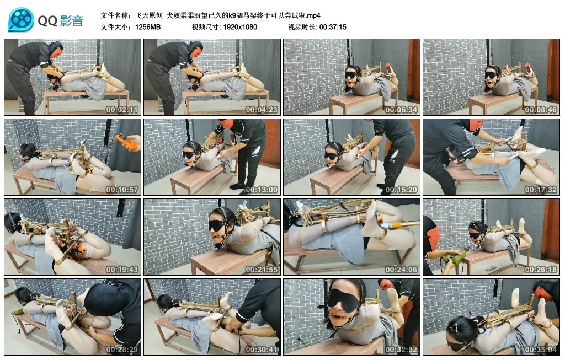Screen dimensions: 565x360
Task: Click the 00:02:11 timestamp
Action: coord(122,110)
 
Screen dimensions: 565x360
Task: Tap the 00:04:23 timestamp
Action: coord(262,110)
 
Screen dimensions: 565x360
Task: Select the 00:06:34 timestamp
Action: coord(401,110)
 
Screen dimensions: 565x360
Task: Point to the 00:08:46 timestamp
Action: coord(541,110)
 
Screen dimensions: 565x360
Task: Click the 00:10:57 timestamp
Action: coord(122,189)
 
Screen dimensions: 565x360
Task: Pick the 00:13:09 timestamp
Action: coord(262,189)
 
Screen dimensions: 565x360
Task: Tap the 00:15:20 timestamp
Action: coord(401,189)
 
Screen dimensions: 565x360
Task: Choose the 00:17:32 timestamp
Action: coord(541,189)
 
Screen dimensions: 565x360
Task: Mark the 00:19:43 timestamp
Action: coord(122,269)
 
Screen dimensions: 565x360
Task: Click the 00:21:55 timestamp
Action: coord(262,269)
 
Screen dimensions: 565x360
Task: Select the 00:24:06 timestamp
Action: coord(401,269)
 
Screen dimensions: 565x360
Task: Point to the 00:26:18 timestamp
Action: coord(541,269)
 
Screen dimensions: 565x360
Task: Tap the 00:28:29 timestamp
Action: coord(122,349)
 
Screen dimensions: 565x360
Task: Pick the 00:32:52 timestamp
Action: coord(401,349)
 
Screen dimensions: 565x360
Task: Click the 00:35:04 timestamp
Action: coord(541,349)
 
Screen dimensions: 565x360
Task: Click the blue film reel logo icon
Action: coord(21,20)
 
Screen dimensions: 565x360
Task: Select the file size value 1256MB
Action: coord(148,27)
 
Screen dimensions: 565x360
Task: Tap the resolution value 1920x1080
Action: coord(240,27)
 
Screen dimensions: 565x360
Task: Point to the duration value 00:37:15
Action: coord(333,27)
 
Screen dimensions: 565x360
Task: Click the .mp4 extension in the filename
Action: coord(313,15)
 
